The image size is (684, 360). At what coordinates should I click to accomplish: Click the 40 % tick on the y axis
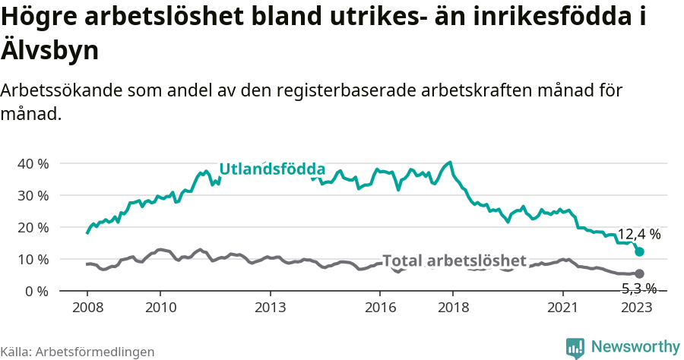[x=33, y=163]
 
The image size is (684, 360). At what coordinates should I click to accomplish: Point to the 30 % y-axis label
[x=33, y=195]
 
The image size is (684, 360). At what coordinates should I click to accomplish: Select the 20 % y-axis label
[x=33, y=227]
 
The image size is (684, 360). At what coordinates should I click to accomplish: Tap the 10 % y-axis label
[x=33, y=259]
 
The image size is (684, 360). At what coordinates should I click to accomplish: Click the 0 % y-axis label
[x=36, y=291]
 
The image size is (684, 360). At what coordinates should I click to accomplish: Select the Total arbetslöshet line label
[x=454, y=261]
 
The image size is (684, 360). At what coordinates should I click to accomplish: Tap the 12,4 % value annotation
[x=638, y=235]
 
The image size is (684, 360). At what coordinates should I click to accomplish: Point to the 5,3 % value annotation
[x=638, y=288]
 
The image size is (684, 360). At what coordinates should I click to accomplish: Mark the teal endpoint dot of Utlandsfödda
[x=639, y=251]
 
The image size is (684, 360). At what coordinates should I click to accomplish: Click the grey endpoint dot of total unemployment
[x=639, y=273]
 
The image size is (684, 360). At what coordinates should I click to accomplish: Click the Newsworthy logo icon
[x=575, y=348]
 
